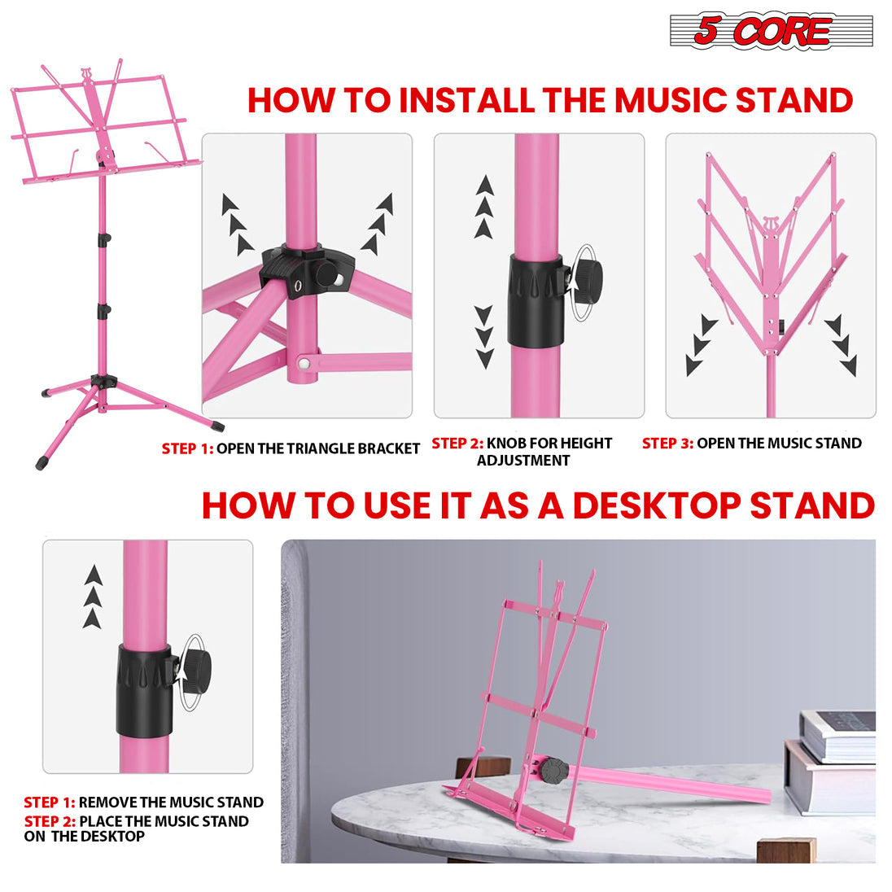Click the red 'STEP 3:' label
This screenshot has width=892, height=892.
tap(667, 444)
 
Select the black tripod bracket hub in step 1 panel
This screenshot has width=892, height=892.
tap(308, 273)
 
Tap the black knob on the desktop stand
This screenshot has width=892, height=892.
tap(555, 769)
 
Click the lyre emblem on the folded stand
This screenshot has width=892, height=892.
tap(770, 225)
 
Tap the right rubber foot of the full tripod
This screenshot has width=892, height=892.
tap(216, 425)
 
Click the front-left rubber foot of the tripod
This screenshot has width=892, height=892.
tap(42, 464)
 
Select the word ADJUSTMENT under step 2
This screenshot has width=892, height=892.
tap(523, 461)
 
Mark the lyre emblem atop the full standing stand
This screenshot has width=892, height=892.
tap(86, 77)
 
